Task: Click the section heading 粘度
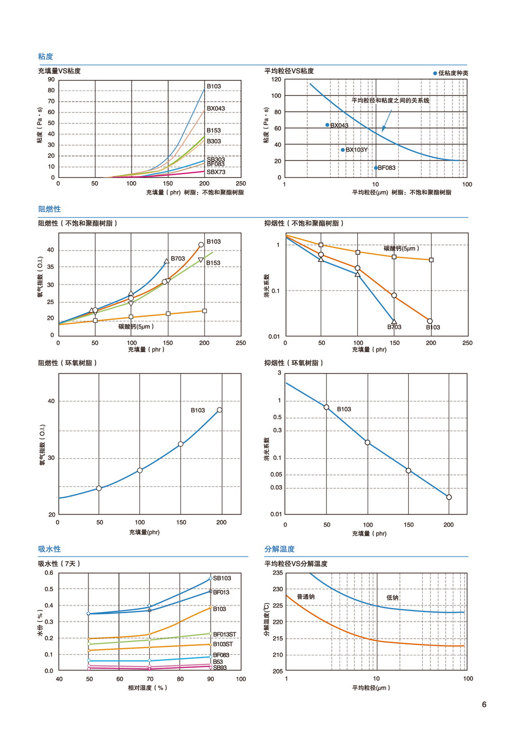[x=45, y=57]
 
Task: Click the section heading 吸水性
[x=49, y=549]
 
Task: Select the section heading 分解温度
[x=279, y=549]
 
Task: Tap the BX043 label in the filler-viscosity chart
[x=216, y=109]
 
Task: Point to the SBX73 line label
[x=216, y=172]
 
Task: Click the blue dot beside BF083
[x=375, y=168]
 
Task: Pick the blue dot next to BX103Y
[x=343, y=150]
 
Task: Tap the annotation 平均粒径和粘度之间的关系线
[x=390, y=100]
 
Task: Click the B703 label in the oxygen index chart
[x=178, y=259]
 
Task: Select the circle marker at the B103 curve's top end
[x=201, y=244]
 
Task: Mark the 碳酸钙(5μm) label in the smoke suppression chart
[x=401, y=249]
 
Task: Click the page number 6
[x=484, y=704]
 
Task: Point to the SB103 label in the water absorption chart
[x=222, y=578]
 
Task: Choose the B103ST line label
[x=223, y=644]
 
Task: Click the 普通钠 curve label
[x=306, y=597]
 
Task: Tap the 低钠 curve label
[x=392, y=598]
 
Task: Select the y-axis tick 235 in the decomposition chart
[x=278, y=573]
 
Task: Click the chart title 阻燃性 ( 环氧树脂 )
[x=67, y=363]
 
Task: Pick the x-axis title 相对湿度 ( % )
[x=148, y=688]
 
